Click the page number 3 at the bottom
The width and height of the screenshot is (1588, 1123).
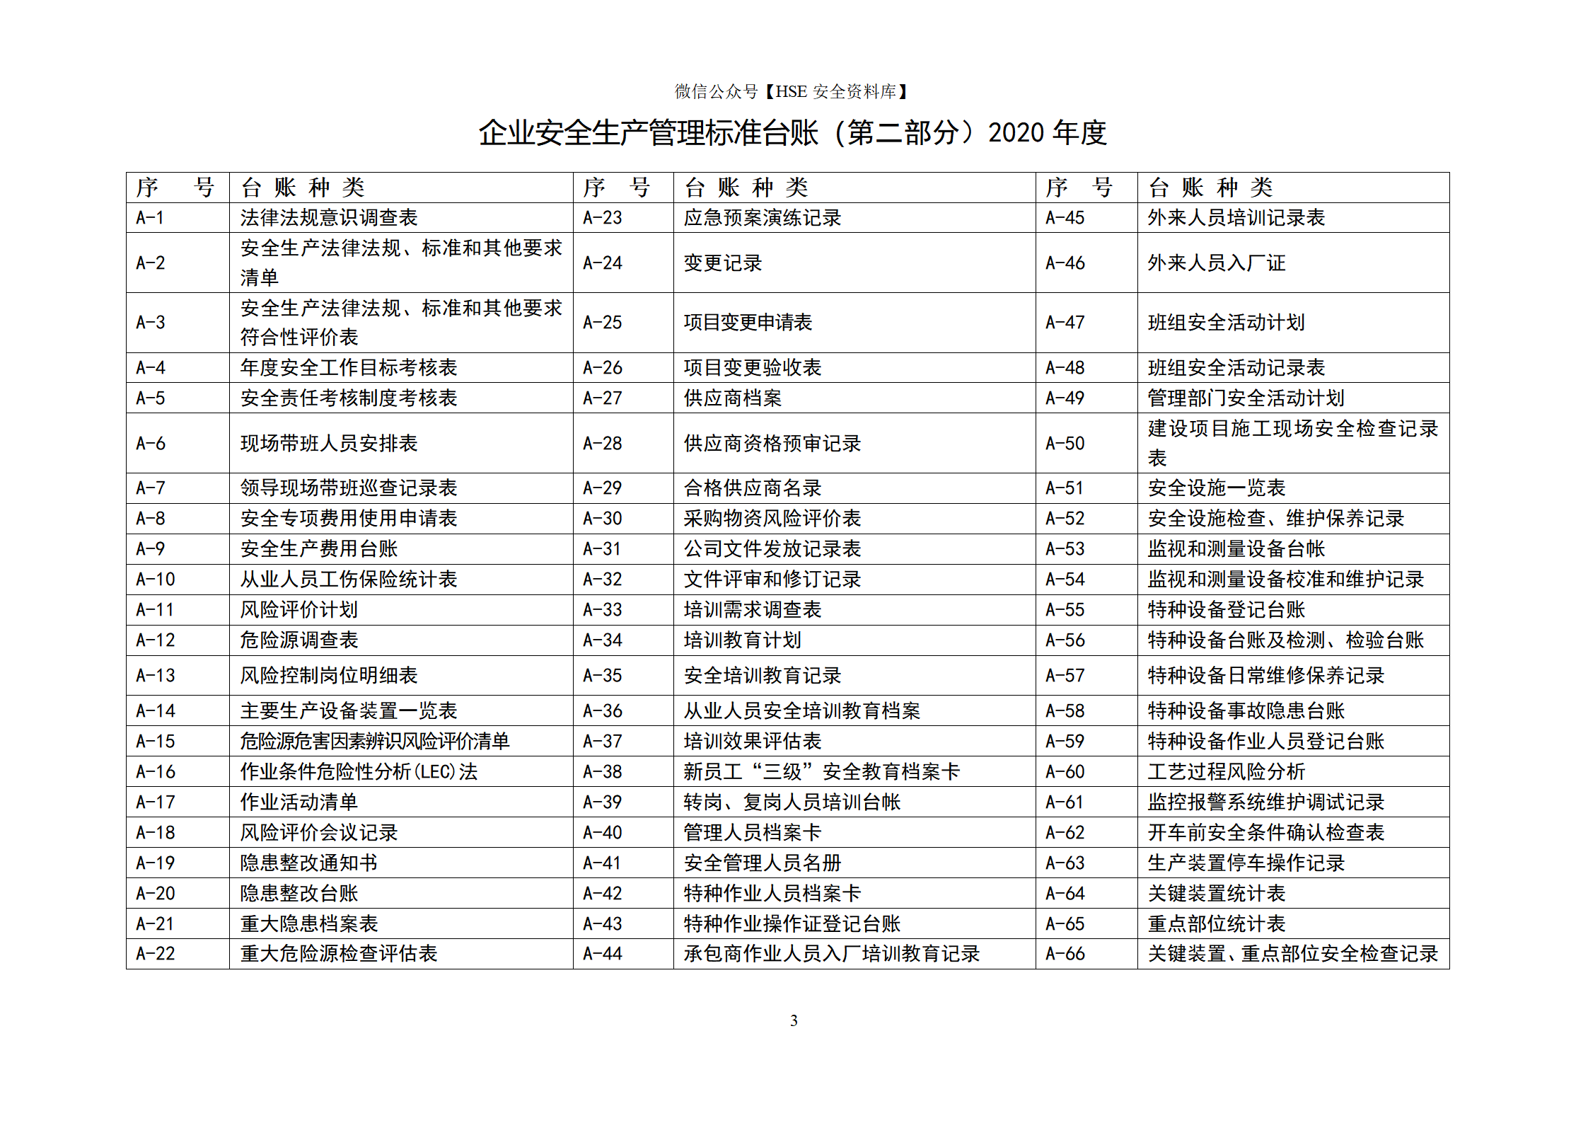794,1020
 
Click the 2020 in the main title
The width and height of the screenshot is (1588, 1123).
1016,133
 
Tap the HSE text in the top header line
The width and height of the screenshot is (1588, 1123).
791,92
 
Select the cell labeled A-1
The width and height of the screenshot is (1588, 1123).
150,218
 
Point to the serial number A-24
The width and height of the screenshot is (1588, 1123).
602,263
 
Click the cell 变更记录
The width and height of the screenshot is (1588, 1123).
722,263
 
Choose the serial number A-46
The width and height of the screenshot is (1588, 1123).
1065,263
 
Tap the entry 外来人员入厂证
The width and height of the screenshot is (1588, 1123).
1216,263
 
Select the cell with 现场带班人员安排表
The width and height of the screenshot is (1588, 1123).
329,444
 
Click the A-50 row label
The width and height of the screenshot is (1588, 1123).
1065,444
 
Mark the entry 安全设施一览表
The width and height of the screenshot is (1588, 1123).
1216,488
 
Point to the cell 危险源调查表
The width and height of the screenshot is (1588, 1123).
299,640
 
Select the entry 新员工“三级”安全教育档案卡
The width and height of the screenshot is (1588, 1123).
821,772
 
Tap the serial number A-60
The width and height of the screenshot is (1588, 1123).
1065,772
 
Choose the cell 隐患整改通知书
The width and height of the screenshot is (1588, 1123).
308,863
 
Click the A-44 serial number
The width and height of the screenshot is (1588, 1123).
602,954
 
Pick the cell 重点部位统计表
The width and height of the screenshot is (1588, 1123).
1216,924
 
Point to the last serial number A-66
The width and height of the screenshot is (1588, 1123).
1065,954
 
